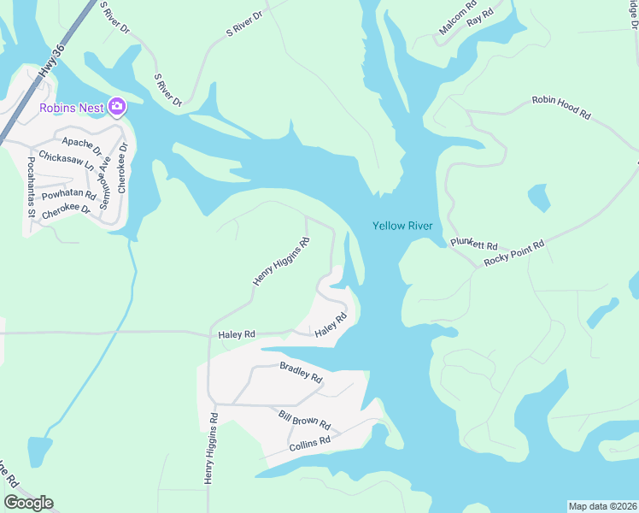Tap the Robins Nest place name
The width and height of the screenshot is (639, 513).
click(72, 107)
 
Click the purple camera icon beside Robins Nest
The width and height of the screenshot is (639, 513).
click(117, 107)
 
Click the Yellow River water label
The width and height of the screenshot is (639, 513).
click(402, 226)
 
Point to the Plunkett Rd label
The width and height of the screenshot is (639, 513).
click(473, 244)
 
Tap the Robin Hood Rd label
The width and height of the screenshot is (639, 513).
click(561, 106)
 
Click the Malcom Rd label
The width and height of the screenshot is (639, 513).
click(458, 17)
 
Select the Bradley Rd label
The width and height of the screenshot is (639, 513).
click(301, 372)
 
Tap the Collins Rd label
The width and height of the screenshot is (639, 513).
click(309, 443)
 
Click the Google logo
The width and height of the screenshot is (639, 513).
click(28, 503)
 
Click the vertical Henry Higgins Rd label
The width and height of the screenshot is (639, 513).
click(210, 450)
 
